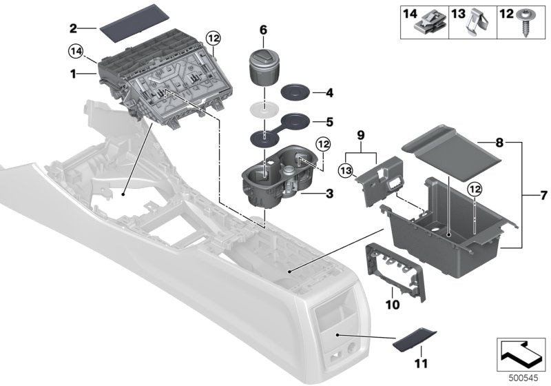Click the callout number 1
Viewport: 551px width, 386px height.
tap(74, 70)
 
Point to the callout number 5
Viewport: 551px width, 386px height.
tap(329, 122)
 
